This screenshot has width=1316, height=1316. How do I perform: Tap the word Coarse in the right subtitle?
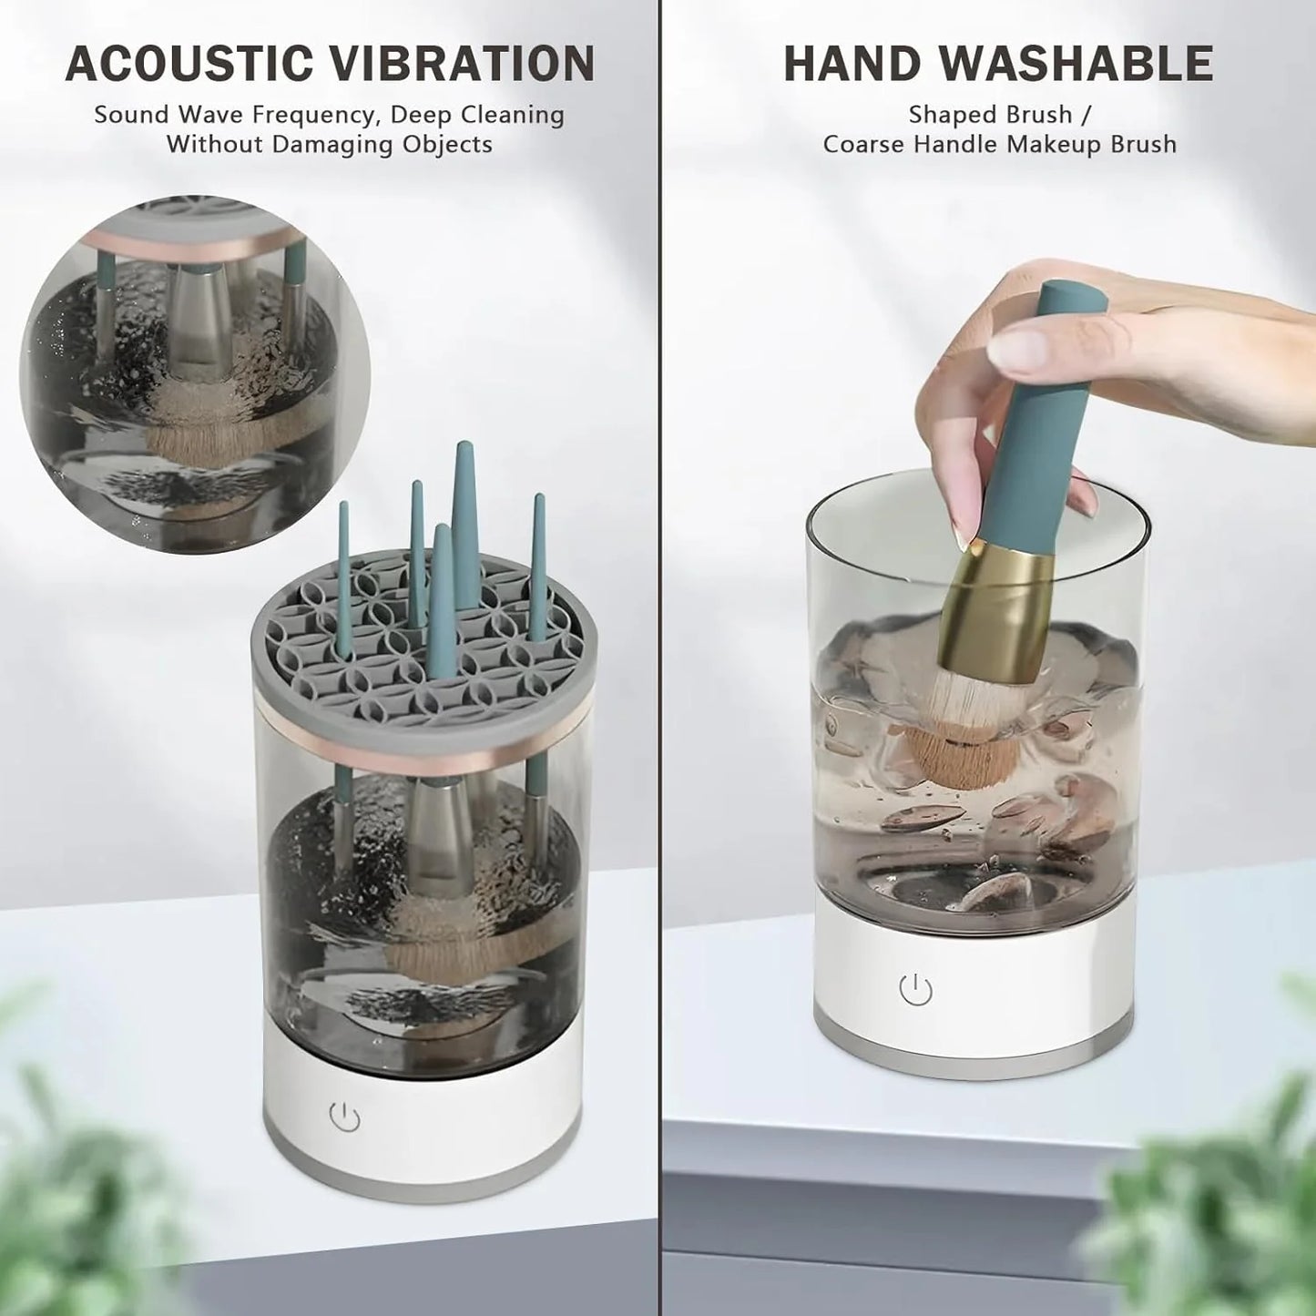(x=865, y=144)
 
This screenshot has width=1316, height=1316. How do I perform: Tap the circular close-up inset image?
(x=195, y=373)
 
